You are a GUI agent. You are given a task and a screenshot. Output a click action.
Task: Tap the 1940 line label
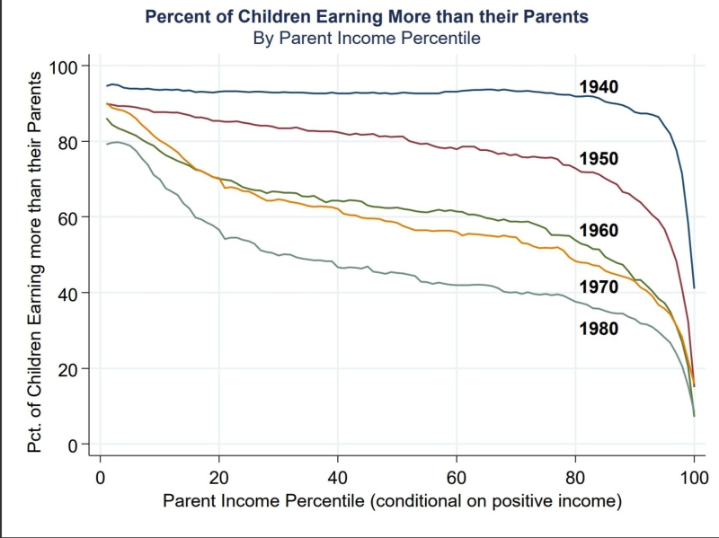pos(599,86)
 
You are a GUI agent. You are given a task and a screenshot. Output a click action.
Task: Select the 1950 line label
pos(599,158)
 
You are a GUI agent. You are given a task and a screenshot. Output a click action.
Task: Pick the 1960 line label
pos(599,231)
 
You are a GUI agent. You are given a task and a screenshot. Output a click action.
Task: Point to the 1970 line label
pos(599,287)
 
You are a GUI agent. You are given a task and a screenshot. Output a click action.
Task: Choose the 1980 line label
pos(599,329)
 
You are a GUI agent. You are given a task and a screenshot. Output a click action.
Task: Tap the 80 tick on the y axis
pos(69,142)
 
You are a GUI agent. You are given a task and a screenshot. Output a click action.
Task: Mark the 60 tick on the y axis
pos(69,217)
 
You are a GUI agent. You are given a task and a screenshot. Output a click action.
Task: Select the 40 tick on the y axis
pos(69,293)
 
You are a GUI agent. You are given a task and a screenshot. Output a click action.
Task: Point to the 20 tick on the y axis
pos(69,369)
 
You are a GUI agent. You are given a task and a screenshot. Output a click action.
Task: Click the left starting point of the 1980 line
pos(107,144)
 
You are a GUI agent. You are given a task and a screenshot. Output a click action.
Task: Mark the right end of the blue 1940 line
pos(694,288)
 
